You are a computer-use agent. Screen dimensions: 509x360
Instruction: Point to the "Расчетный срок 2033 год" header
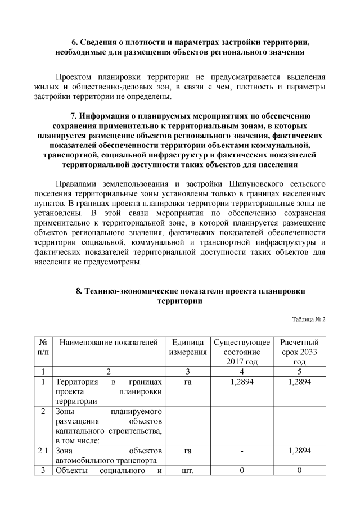point(299,352)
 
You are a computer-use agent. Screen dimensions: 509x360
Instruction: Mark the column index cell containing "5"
point(299,371)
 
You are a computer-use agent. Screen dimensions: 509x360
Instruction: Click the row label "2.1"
point(43,451)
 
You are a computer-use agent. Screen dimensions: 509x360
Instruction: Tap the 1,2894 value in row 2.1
point(299,451)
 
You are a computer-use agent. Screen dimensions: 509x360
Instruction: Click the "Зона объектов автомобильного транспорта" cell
point(109,456)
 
